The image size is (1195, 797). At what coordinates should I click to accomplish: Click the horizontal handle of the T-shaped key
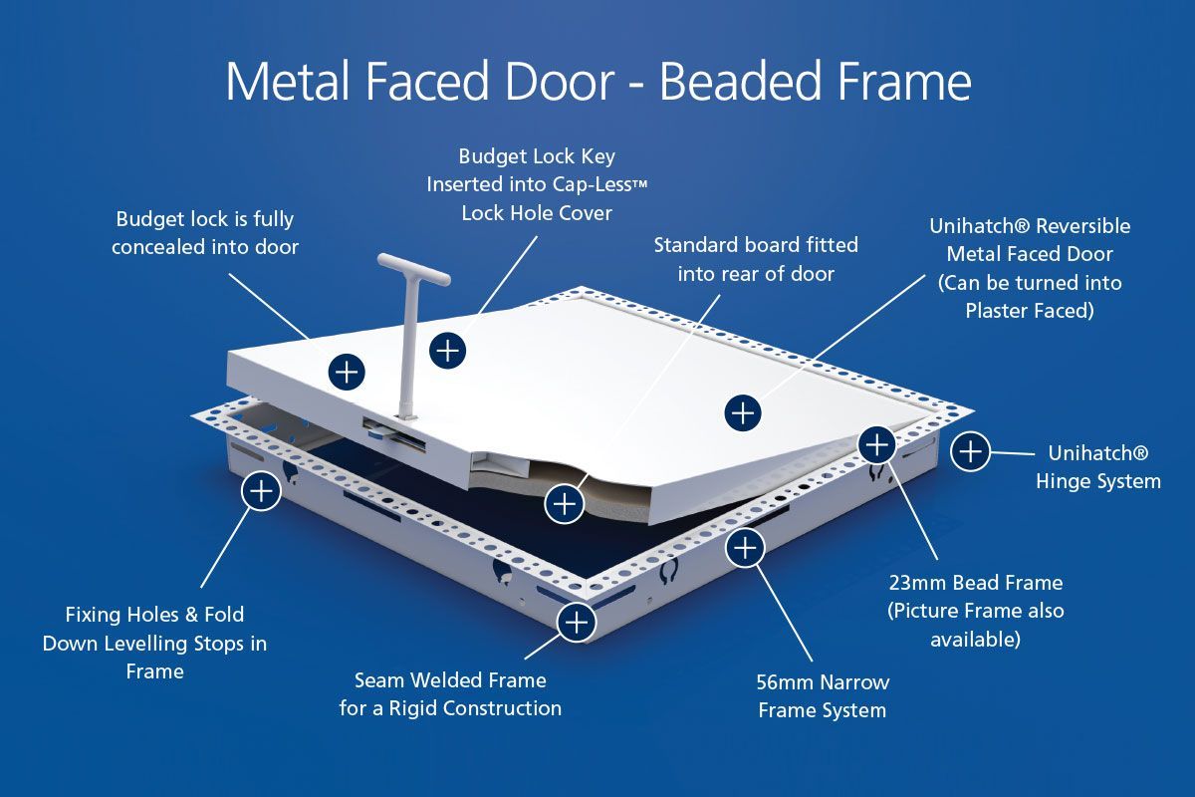point(414,269)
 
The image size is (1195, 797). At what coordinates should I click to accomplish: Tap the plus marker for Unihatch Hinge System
point(970,451)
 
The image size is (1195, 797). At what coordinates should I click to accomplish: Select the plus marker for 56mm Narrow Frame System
point(745,548)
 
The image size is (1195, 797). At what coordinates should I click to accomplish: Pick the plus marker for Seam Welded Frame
point(577,623)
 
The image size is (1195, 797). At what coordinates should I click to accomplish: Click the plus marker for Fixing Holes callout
point(261,491)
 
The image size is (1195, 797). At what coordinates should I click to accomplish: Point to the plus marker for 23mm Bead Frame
point(876,444)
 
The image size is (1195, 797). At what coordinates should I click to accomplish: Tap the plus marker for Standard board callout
point(564,503)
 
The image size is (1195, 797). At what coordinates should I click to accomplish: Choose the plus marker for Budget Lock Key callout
point(447,351)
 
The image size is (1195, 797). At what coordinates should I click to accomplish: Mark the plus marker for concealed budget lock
point(347,372)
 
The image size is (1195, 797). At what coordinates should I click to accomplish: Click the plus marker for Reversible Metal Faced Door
point(743,413)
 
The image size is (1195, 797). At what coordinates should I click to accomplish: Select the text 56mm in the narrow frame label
point(786,682)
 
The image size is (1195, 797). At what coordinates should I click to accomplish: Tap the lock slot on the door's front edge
point(394,433)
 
